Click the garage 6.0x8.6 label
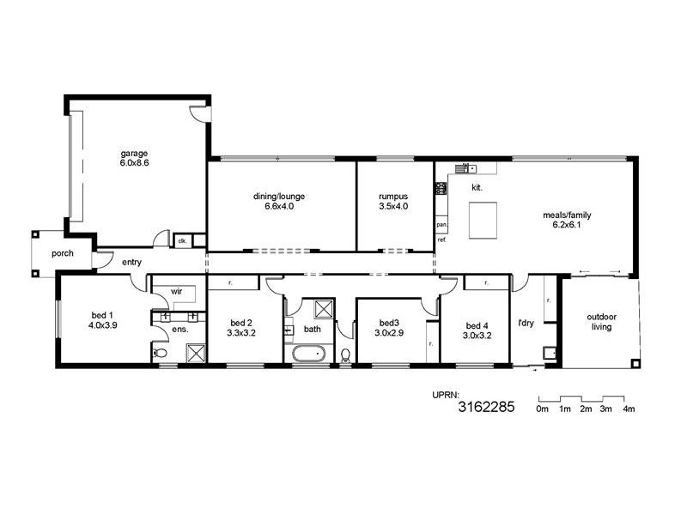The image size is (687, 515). [x=135, y=158]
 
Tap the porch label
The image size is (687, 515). [x=62, y=253]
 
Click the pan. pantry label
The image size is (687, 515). [x=441, y=225]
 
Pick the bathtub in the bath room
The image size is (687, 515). [x=307, y=353]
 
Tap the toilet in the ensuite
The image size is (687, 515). [x=159, y=353]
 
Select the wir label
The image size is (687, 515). [x=176, y=291]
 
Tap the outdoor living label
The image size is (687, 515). [x=600, y=321]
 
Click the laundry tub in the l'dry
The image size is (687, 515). [x=549, y=353]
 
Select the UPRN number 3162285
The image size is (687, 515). [x=486, y=408]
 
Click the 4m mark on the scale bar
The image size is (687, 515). [x=629, y=409]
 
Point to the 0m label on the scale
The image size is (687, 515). [x=542, y=409]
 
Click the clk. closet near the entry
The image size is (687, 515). [x=183, y=241]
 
